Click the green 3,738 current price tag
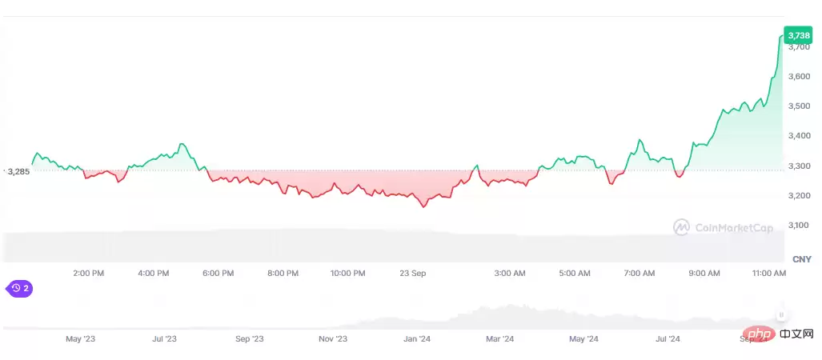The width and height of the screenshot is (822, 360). (x=798, y=35)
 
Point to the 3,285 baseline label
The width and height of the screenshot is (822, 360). (x=18, y=171)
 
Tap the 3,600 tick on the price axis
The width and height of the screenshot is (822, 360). (x=800, y=77)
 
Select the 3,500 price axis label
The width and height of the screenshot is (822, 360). (x=800, y=106)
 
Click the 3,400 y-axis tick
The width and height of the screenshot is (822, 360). (x=800, y=136)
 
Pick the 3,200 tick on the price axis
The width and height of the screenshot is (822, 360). (x=800, y=196)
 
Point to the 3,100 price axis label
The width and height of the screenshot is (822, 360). (x=800, y=226)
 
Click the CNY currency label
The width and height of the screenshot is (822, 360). (x=801, y=259)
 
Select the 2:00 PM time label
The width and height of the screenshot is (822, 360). (x=88, y=274)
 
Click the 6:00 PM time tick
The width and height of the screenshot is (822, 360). (x=218, y=274)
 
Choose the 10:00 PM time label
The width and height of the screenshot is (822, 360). (x=347, y=274)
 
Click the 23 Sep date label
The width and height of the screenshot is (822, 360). (x=413, y=274)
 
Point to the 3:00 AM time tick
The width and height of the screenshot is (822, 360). (x=510, y=274)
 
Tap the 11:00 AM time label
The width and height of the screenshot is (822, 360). (x=769, y=274)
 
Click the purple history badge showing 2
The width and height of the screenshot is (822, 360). (x=19, y=288)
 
